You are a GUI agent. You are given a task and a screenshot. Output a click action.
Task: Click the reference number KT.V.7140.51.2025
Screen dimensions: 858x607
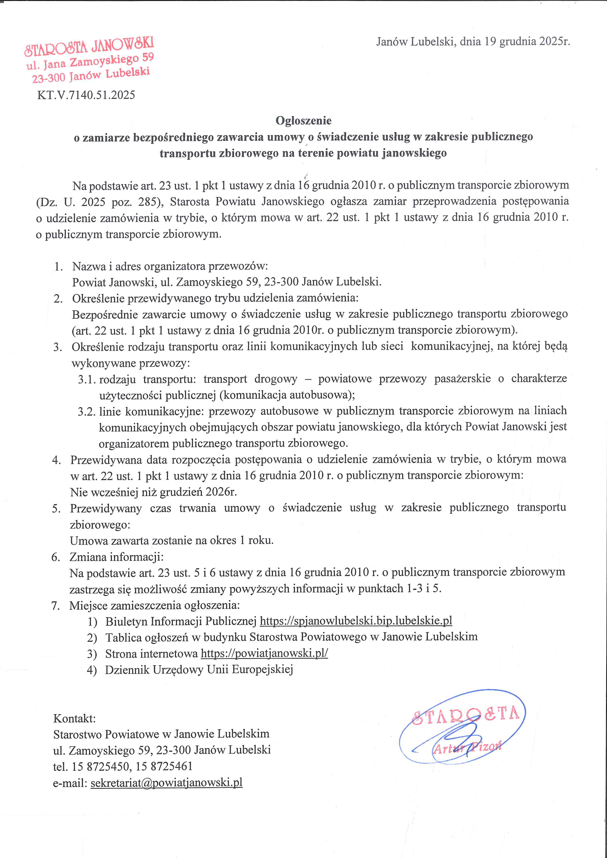pos(86,95)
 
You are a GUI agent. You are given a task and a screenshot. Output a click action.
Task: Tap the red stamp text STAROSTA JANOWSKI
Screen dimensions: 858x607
pos(89,46)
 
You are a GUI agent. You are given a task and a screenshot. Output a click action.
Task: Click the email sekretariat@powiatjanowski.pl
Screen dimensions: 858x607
pos(166,782)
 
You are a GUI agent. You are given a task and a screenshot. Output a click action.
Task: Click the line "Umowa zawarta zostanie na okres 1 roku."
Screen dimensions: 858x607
pos(172,540)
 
